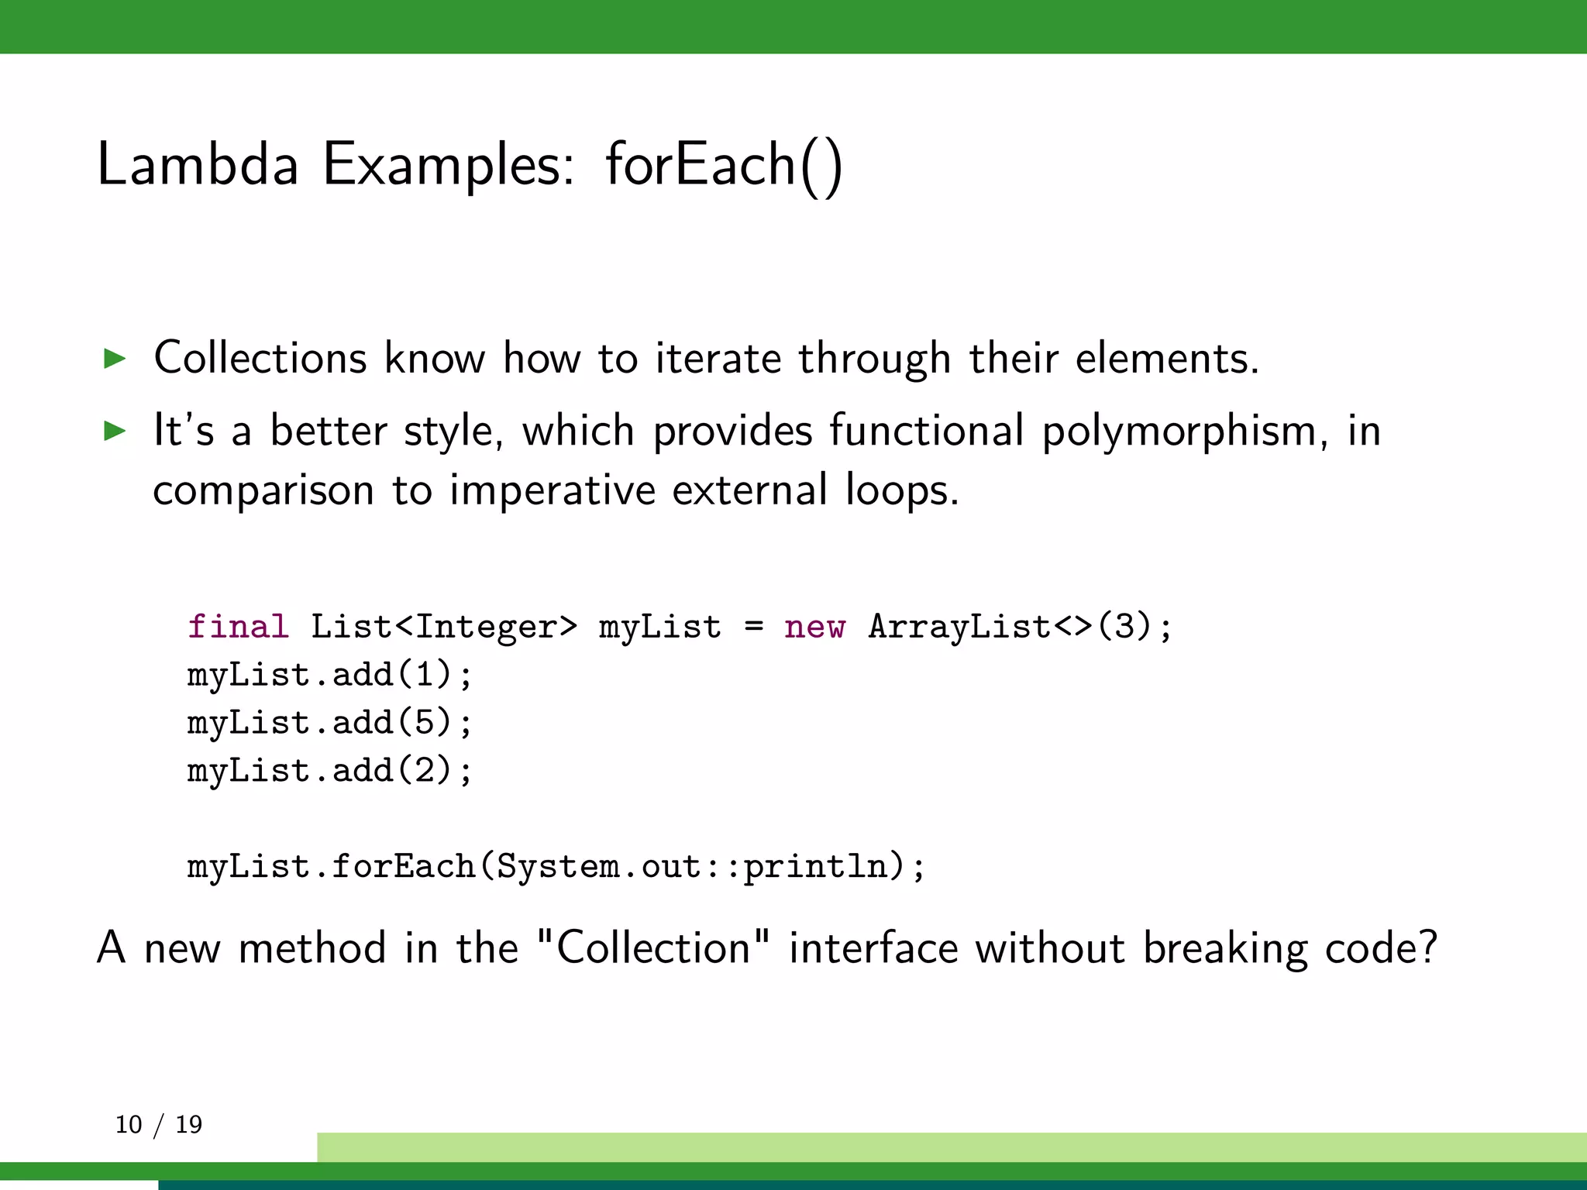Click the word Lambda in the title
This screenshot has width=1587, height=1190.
pyautogui.click(x=198, y=164)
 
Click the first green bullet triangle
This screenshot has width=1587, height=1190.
pyautogui.click(x=115, y=359)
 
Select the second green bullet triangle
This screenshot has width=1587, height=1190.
pyautogui.click(x=115, y=431)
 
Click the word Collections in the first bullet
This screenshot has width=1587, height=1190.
pyautogui.click(x=260, y=358)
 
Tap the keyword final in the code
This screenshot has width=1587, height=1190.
pyautogui.click(x=238, y=626)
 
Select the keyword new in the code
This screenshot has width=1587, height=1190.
pyautogui.click(x=814, y=626)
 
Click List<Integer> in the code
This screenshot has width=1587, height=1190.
pyautogui.click(x=444, y=626)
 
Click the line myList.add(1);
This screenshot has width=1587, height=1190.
pyautogui.click(x=329, y=675)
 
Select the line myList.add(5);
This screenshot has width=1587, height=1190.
pyautogui.click(x=329, y=723)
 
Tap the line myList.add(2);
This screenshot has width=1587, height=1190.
pyautogui.click(x=329, y=771)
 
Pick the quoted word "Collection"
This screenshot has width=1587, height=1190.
pyautogui.click(x=652, y=947)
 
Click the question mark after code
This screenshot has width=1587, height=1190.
pyautogui.click(x=1427, y=947)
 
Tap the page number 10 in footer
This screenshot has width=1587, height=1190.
pyautogui.click(x=129, y=1124)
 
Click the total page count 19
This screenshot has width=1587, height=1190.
pyautogui.click(x=188, y=1124)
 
